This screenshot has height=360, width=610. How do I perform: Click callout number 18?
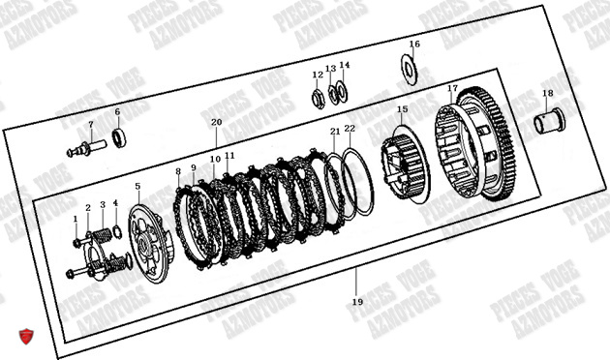pos(547,94)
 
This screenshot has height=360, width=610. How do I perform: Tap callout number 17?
pos(452,89)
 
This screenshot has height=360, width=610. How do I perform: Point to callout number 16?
pos(414,45)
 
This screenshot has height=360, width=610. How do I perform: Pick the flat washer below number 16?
pos(409,69)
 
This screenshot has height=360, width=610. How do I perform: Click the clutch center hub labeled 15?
pos(403,156)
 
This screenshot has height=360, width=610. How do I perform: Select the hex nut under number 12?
pos(318,98)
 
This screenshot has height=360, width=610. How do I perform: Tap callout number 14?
pos(345,66)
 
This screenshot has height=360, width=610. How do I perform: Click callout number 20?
pos(216,123)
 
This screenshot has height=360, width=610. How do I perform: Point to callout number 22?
pos(350,129)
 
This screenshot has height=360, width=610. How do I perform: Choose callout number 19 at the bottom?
pos(356,302)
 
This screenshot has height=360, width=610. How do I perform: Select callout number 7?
pos(90,125)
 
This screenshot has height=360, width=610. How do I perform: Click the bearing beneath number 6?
pos(118,137)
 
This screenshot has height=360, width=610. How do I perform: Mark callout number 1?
pos(75,219)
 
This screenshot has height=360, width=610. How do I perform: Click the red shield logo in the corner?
pos(27,337)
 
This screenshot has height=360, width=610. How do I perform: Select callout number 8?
pos(178,172)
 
